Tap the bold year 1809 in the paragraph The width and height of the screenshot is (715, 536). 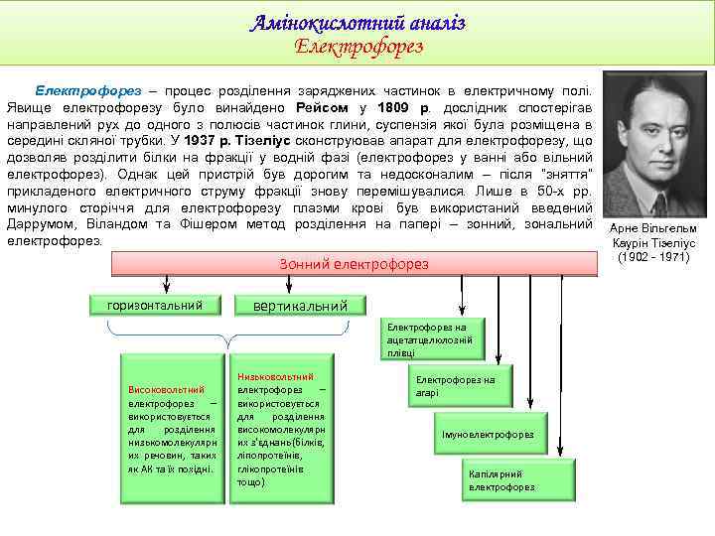383,106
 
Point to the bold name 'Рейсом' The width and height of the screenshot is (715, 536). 320,106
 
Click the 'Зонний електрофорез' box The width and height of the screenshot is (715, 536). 355,263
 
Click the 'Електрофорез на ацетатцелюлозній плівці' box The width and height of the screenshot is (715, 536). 429,338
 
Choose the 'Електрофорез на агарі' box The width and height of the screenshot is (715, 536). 454,386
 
